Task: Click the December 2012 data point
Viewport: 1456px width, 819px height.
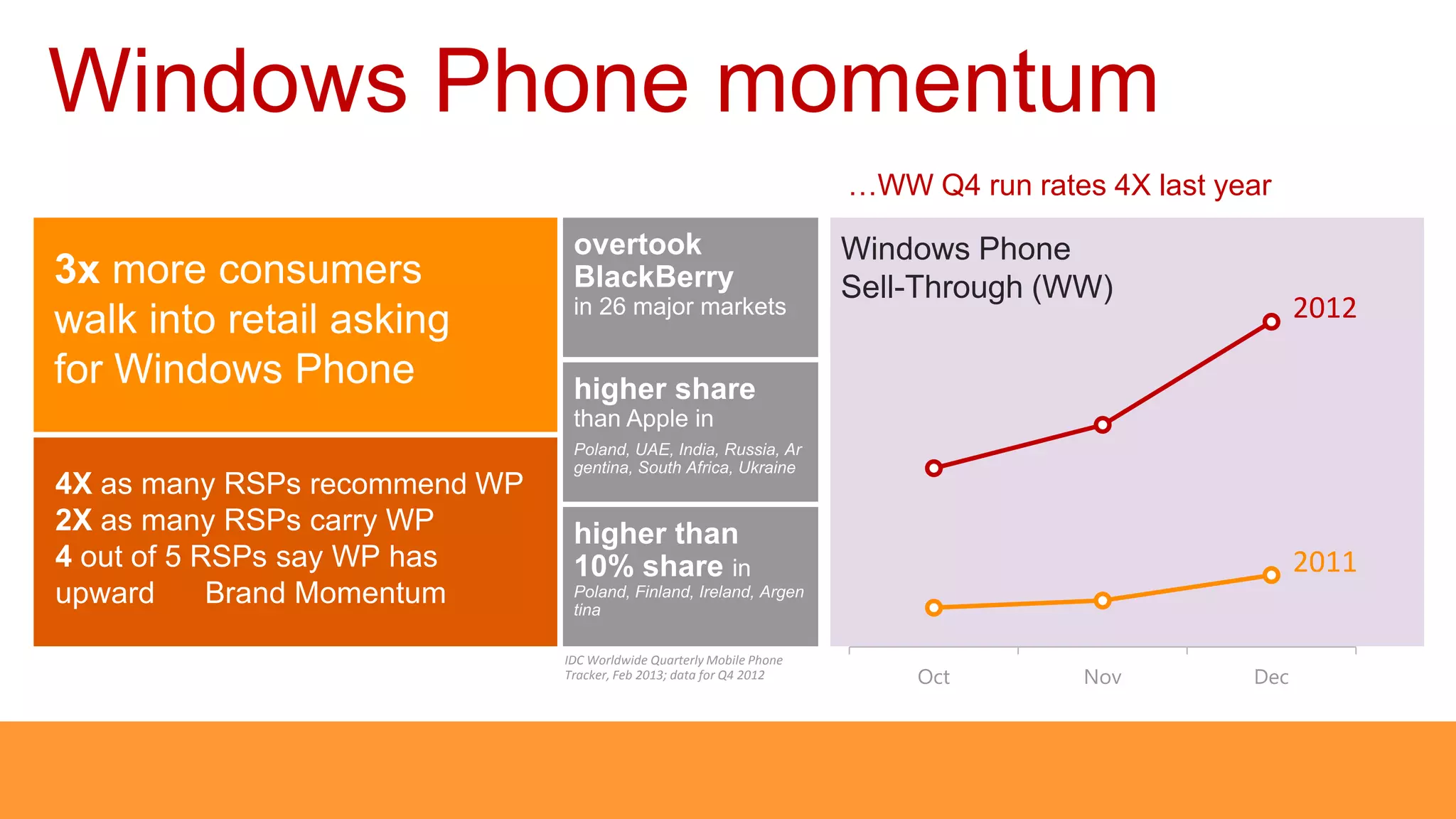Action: pyautogui.click(x=1271, y=322)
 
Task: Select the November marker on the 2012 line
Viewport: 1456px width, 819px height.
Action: pyautogui.click(x=1103, y=425)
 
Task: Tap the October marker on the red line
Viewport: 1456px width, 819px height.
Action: pyautogui.click(x=934, y=468)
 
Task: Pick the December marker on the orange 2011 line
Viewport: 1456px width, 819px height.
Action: pyautogui.click(x=1271, y=575)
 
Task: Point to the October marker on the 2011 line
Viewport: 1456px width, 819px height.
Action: pyautogui.click(x=934, y=607)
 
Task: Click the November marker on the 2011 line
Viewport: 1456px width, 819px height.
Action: pyautogui.click(x=1103, y=601)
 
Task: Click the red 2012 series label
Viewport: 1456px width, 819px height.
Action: pyautogui.click(x=1324, y=309)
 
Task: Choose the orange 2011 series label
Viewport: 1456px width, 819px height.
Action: pyautogui.click(x=1324, y=562)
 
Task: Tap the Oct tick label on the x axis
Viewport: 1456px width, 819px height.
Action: pyautogui.click(x=933, y=677)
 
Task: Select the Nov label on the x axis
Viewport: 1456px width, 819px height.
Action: pyautogui.click(x=1102, y=677)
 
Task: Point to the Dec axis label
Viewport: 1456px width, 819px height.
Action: pyautogui.click(x=1271, y=677)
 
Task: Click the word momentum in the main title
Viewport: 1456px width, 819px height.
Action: pyautogui.click(x=937, y=82)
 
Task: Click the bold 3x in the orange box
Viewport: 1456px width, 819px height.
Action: pyautogui.click(x=77, y=270)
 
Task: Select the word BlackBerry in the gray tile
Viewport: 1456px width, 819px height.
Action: pyautogui.click(x=653, y=277)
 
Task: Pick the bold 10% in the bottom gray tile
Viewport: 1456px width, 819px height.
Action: pyautogui.click(x=604, y=567)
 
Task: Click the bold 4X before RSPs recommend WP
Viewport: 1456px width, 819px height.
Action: pyautogui.click(x=73, y=484)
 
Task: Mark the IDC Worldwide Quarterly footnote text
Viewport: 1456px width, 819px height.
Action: pyautogui.click(x=673, y=668)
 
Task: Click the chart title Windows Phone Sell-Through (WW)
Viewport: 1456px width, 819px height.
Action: pyautogui.click(x=975, y=268)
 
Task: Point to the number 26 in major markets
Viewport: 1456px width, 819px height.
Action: pyautogui.click(x=612, y=307)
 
